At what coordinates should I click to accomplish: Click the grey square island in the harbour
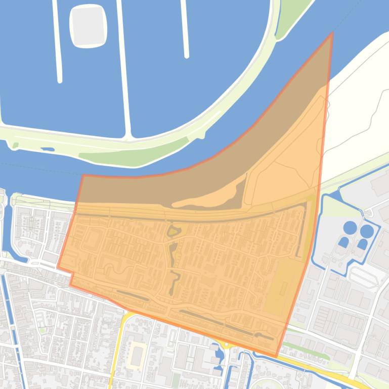pos(89,26)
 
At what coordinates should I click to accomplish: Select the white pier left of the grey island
pos(57,40)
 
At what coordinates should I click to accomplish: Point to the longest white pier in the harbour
pos(123,68)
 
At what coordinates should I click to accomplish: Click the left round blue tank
pos(350,227)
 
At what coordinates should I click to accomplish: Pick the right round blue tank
pos(367,231)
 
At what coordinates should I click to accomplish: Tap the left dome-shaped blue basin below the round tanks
pos(343,242)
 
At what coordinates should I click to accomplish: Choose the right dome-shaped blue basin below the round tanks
pos(362,244)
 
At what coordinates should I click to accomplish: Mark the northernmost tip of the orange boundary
pos(332,33)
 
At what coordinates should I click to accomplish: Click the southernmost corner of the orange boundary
pos(276,356)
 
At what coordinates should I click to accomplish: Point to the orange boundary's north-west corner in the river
pos(83,176)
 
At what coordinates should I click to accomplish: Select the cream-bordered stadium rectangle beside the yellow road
pos(138,355)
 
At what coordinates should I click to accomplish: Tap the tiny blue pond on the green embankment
pos(48,149)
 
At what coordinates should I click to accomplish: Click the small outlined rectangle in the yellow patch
pos(284,289)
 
